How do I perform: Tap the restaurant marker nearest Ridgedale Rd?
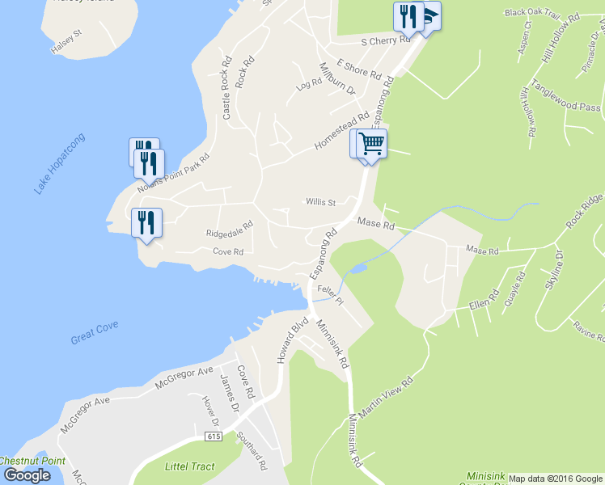(146, 222)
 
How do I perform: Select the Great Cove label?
(95, 331)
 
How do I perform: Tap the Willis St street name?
(320, 202)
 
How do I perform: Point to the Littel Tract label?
(189, 466)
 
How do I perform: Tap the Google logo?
(27, 475)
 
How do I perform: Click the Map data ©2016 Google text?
(555, 479)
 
